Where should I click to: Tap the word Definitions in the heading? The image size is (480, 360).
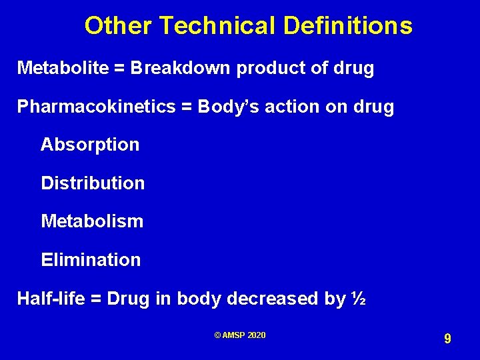(x=347, y=27)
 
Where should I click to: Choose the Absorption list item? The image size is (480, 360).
(x=90, y=145)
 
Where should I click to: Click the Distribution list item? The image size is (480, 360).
(x=93, y=183)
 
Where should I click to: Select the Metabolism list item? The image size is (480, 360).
(x=92, y=221)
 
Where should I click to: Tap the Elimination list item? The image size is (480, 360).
(x=91, y=260)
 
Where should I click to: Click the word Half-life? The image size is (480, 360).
(x=50, y=299)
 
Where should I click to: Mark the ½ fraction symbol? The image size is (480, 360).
(x=357, y=299)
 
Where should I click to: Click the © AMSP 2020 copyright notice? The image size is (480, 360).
(x=240, y=335)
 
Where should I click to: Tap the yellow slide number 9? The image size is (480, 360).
(x=447, y=339)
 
